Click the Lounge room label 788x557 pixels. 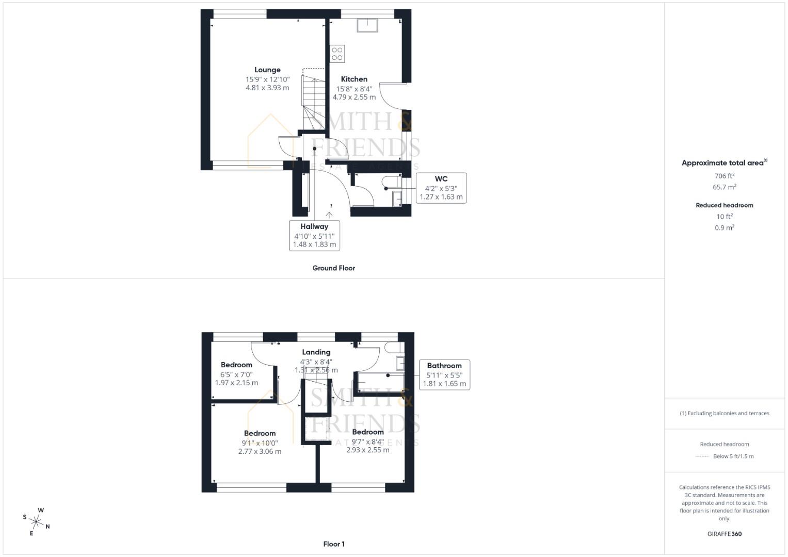[x=267, y=70]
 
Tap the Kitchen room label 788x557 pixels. [x=354, y=79]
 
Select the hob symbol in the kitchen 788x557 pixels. [x=337, y=54]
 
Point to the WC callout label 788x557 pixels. [x=441, y=179]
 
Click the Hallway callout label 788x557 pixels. [x=314, y=226]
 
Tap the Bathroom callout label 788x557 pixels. [x=444, y=366]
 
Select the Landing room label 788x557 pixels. [x=316, y=352]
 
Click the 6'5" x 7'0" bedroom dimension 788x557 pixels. [x=236, y=374]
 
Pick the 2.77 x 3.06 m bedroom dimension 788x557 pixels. [x=260, y=451]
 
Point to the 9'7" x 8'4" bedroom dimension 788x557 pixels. [x=368, y=441]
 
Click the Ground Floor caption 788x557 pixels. [x=334, y=268]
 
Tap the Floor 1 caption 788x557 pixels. [x=334, y=544]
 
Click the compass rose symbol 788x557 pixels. [x=37, y=521]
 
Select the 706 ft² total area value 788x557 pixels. [x=725, y=176]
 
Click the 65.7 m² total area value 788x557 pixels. [x=725, y=187]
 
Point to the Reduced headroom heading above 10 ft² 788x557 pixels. [x=725, y=205]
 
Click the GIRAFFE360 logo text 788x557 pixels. [x=725, y=534]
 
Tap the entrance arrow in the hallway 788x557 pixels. [x=329, y=214]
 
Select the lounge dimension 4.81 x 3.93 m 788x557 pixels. [x=267, y=88]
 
